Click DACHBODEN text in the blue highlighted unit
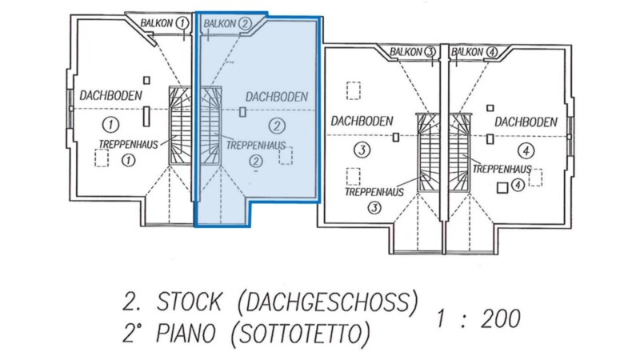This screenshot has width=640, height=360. (277, 96)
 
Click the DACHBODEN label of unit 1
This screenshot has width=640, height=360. (110, 96)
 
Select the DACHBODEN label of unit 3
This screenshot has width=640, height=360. (362, 122)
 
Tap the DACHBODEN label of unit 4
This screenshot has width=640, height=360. (525, 122)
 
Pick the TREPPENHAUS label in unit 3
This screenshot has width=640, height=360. (374, 192)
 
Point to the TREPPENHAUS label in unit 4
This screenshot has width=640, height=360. (502, 169)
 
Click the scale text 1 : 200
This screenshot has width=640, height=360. (478, 318)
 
